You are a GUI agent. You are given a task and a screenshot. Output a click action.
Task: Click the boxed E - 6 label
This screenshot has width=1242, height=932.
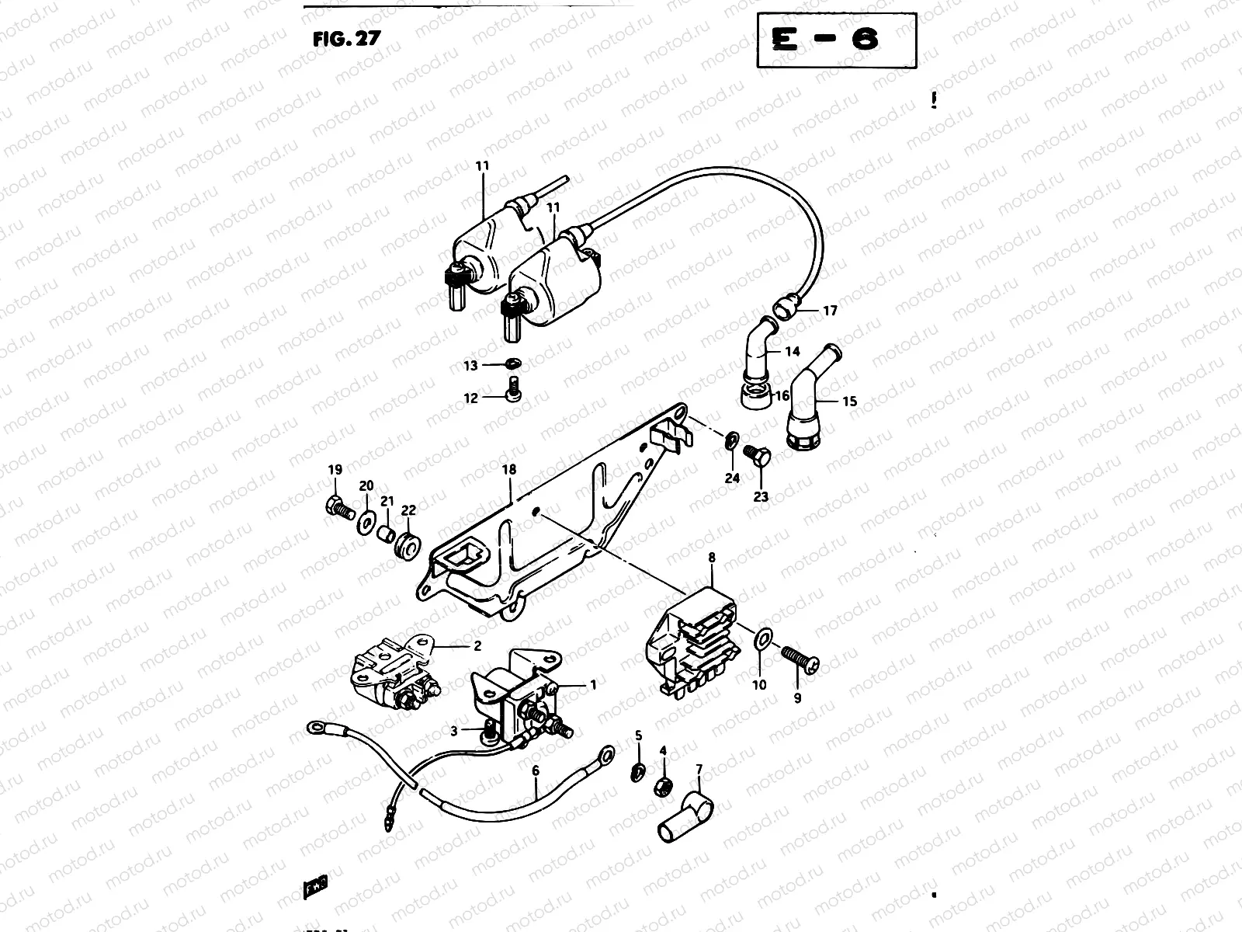pyautogui.click(x=836, y=40)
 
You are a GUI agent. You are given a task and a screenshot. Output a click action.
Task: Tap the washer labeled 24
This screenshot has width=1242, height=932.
pyautogui.click(x=731, y=441)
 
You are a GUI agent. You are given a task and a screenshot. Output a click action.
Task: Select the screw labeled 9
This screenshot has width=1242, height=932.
pyautogui.click(x=800, y=659)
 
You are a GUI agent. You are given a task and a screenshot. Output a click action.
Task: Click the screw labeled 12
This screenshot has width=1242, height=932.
pyautogui.click(x=513, y=391)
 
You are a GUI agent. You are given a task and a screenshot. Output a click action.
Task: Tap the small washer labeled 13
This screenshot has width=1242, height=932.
pyautogui.click(x=512, y=363)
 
